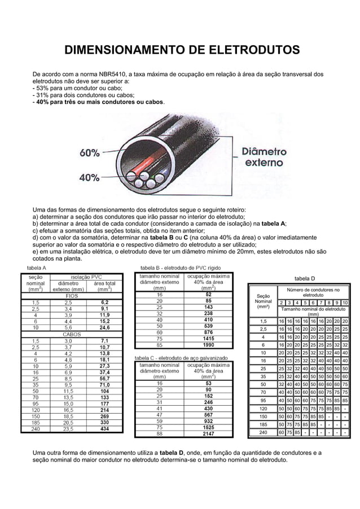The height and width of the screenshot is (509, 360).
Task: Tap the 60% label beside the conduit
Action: tap(90, 153)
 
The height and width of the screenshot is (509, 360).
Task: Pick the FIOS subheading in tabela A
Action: tap(72, 295)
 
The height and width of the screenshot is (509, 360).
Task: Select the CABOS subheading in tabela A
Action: tap(72, 334)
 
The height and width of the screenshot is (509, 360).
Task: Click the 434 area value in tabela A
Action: tap(104, 429)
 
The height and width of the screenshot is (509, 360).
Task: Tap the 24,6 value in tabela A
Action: tap(104, 327)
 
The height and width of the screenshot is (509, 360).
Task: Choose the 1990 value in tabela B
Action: tap(208, 345)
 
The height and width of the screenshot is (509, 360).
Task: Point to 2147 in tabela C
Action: tap(208, 434)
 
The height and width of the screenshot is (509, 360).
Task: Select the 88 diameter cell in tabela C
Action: tap(160, 434)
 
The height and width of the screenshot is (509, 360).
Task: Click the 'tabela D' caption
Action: tap(305, 278)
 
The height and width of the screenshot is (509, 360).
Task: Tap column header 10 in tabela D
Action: tap(344, 302)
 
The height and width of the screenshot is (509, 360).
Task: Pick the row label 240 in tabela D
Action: tap(262, 433)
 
